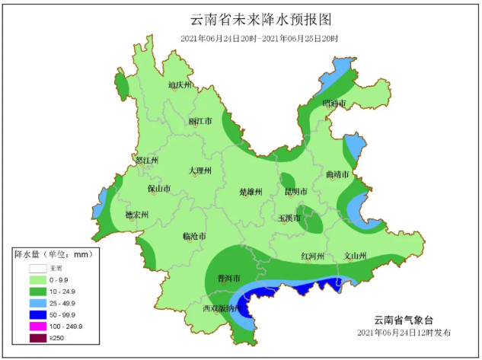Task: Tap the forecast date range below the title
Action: (x=260, y=38)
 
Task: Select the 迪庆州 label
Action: (x=179, y=85)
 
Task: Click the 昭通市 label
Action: (x=334, y=103)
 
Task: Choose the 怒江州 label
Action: (x=145, y=161)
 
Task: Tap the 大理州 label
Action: (x=200, y=170)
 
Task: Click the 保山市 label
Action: (x=158, y=189)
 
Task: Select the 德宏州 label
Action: (x=137, y=215)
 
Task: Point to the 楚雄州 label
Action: (x=251, y=192)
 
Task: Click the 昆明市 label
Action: (x=295, y=192)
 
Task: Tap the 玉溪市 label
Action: (x=289, y=218)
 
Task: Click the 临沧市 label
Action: (x=194, y=237)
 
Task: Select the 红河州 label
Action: (x=313, y=256)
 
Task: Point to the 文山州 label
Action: (x=356, y=256)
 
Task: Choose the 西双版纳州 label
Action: (x=222, y=308)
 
